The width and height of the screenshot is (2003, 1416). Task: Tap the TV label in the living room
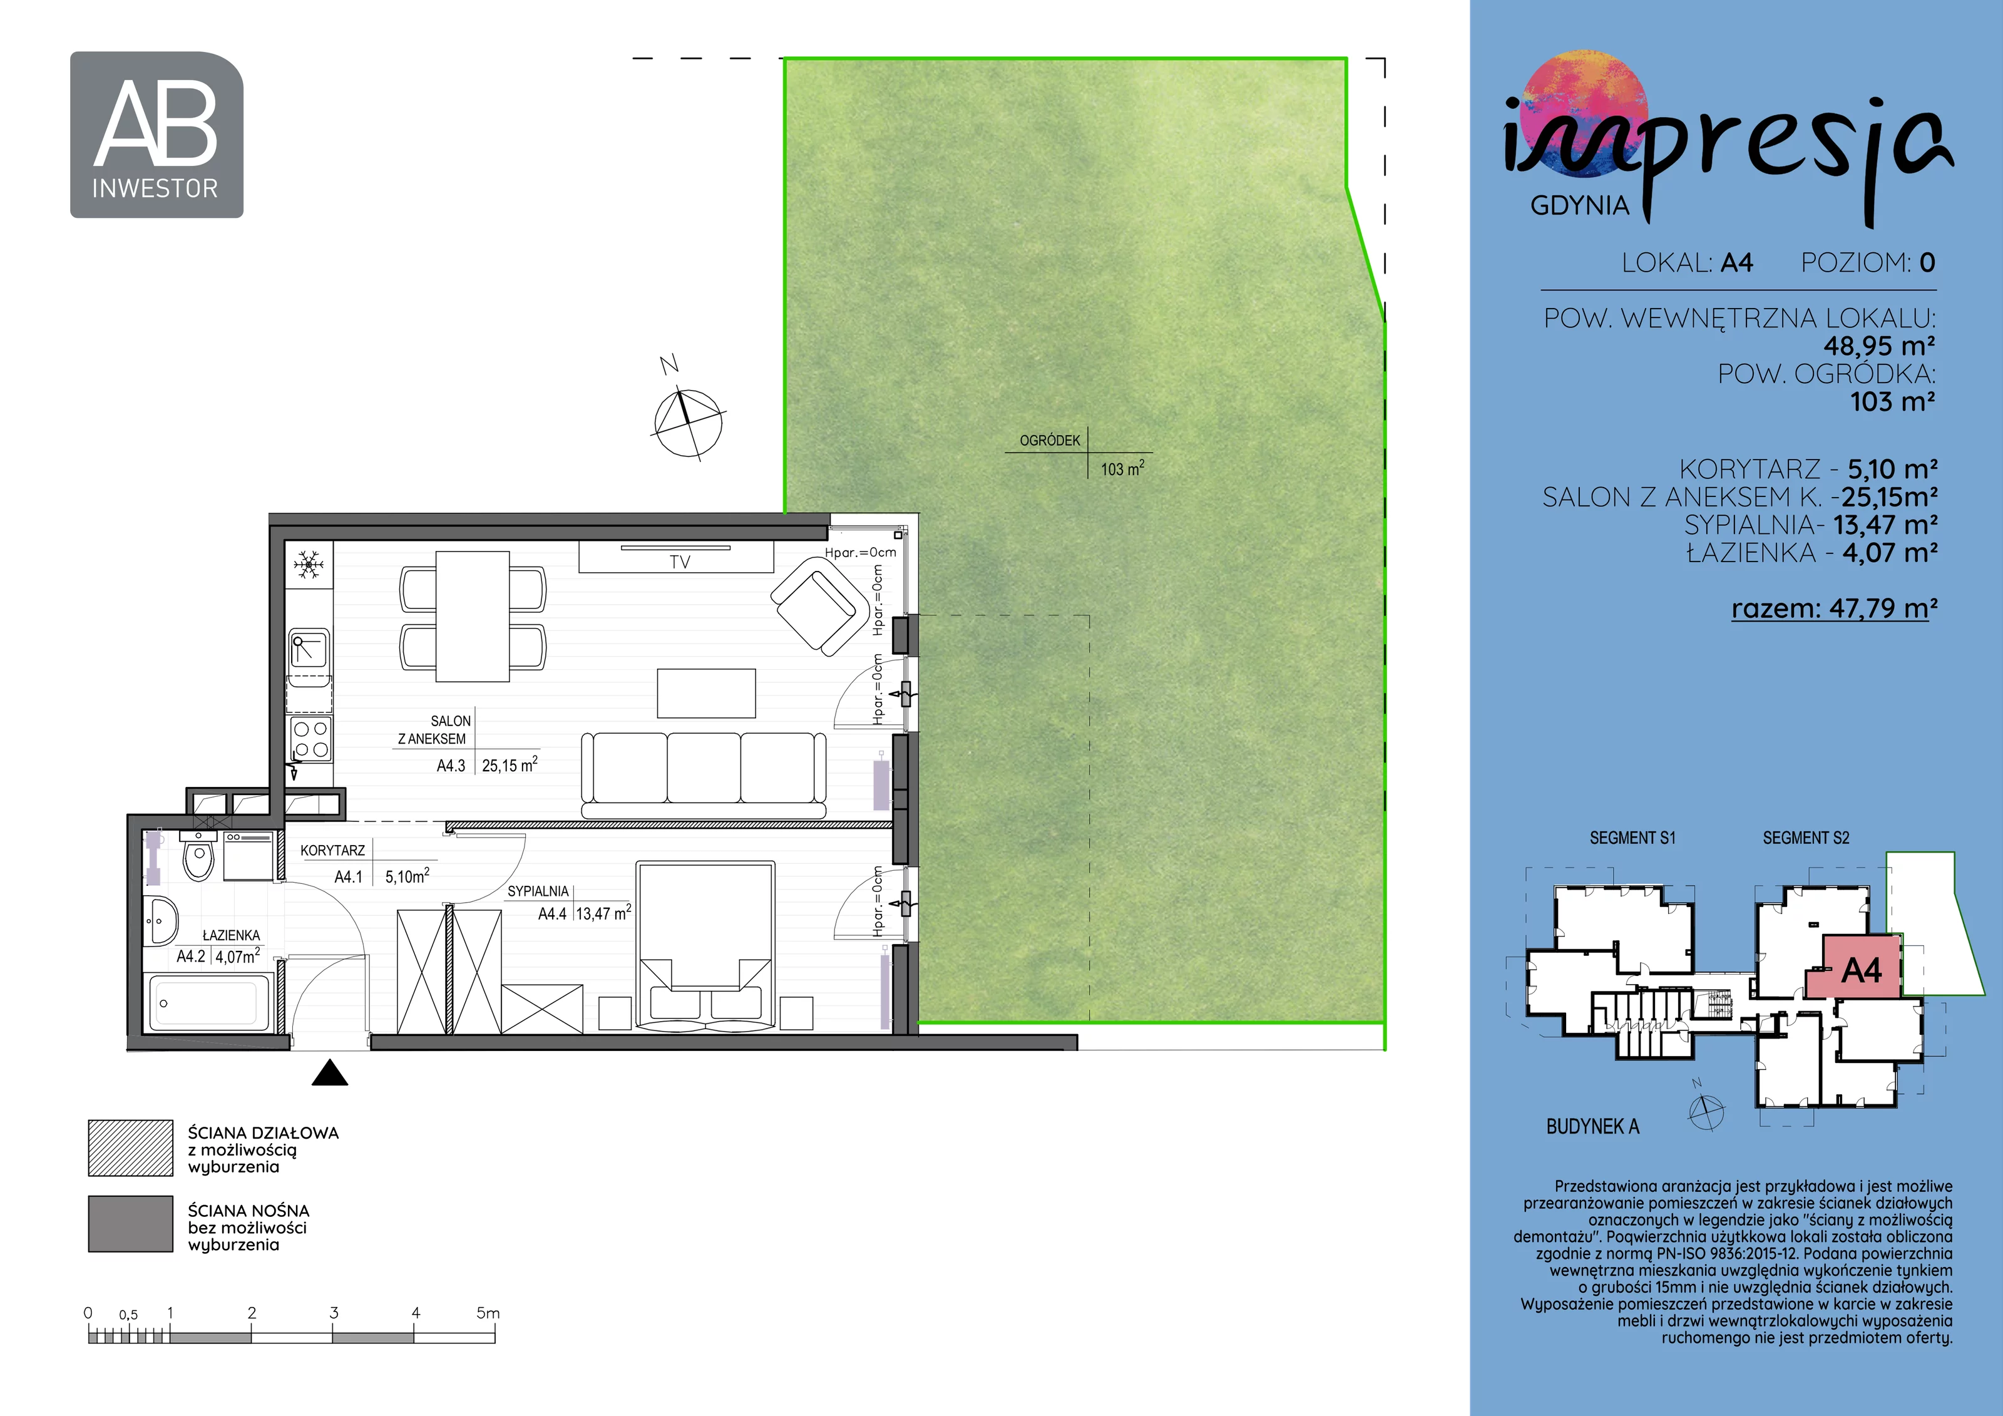(x=680, y=563)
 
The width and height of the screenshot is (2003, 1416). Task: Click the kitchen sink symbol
(x=309, y=650)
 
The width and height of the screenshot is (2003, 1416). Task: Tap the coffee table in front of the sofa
(x=706, y=693)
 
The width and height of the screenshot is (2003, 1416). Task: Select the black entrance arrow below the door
(x=330, y=1072)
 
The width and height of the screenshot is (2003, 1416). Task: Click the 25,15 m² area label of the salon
(x=510, y=765)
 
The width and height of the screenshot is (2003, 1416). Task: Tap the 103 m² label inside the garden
(x=1122, y=468)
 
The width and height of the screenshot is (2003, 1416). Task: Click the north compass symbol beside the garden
(x=687, y=421)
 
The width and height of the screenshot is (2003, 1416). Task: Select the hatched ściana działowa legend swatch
(x=131, y=1148)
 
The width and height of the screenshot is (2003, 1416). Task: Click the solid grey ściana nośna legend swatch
(x=131, y=1223)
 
